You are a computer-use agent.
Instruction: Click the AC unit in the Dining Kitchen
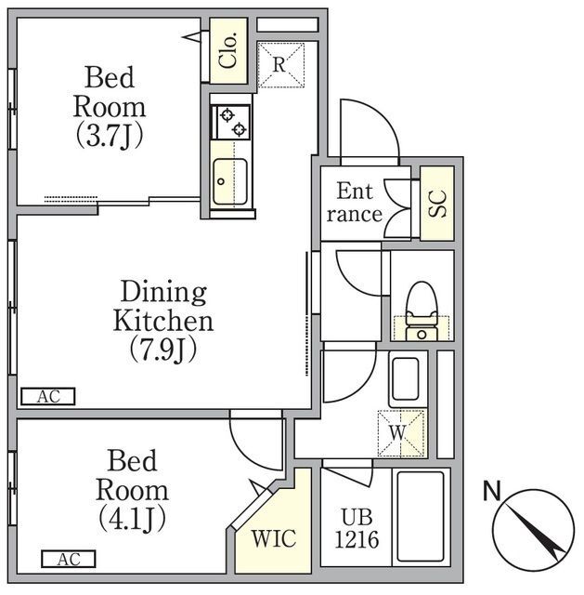pyautogui.click(x=48, y=396)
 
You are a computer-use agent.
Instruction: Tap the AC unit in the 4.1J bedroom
pyautogui.click(x=69, y=559)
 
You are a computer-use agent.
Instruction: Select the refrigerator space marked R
pyautogui.click(x=280, y=65)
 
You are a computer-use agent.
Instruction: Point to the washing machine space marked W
pyautogui.click(x=400, y=433)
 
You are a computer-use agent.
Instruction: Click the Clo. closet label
pyautogui.click(x=228, y=50)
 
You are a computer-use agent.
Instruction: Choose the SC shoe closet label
pyautogui.click(x=437, y=204)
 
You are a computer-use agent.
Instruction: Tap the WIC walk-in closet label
pyautogui.click(x=274, y=538)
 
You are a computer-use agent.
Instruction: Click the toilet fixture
pyautogui.click(x=422, y=311)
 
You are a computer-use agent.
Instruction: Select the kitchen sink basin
pyautogui.click(x=230, y=182)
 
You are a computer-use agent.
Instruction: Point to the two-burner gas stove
pyautogui.click(x=231, y=122)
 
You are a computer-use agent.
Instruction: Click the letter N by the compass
pyautogui.click(x=492, y=491)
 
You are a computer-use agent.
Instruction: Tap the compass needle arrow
pyautogui.click(x=535, y=532)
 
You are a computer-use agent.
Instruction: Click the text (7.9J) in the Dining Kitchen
pyautogui.click(x=163, y=350)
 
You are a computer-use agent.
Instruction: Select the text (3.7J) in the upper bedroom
pyautogui.click(x=110, y=136)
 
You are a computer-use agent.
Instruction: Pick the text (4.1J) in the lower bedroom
pyautogui.click(x=132, y=518)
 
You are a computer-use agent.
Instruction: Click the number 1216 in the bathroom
pyautogui.click(x=357, y=539)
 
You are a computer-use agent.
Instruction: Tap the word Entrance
pyautogui.click(x=355, y=203)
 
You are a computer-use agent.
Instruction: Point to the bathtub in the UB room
pyautogui.click(x=421, y=517)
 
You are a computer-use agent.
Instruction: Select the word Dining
pyautogui.click(x=163, y=293)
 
